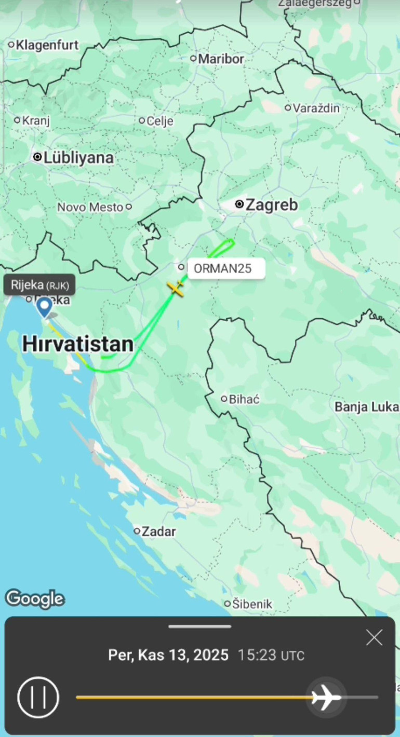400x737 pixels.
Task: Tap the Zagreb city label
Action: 271,205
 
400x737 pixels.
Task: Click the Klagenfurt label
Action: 47,45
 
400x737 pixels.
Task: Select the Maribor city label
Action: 221,59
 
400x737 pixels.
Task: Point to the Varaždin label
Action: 316,108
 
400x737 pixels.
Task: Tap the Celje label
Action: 159,121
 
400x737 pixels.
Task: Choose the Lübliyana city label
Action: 78,158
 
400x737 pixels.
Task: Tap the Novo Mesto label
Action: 90,207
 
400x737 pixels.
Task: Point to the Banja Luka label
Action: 366,407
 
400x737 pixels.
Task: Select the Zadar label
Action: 158,531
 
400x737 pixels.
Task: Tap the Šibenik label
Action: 252,604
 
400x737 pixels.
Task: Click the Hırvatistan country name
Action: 78,344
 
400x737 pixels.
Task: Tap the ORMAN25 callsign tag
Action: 226,269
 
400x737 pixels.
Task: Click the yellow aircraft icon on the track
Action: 177,289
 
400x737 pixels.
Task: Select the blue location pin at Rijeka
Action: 45,307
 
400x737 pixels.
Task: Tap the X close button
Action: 374,638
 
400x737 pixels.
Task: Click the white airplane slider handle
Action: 326,697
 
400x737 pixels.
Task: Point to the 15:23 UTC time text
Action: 271,655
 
